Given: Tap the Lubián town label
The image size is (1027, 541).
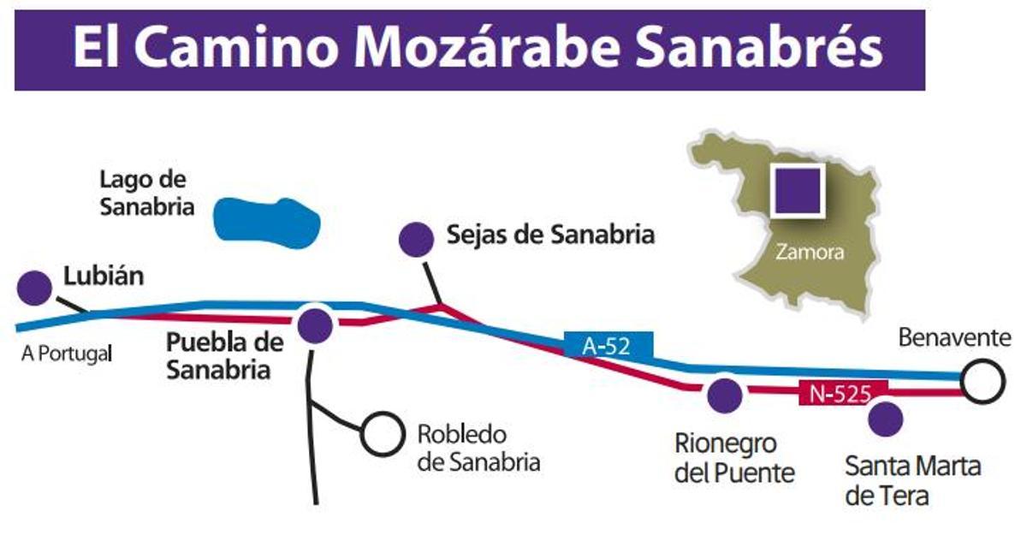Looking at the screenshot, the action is pos(104,277).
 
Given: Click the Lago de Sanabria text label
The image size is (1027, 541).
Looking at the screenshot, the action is pos(146,193).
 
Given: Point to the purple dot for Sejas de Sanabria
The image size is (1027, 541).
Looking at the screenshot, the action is pos(417,240).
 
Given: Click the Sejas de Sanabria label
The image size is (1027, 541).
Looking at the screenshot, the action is pos(550,235).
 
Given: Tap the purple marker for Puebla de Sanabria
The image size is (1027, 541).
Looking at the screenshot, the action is pos(315,325).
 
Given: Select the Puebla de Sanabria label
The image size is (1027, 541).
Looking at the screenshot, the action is pos(224,356).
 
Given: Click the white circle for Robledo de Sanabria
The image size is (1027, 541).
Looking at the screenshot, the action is pos(382,434).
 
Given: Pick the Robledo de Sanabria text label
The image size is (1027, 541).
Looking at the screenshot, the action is pos(478,448).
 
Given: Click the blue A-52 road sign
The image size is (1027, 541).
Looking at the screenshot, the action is pos(608,346).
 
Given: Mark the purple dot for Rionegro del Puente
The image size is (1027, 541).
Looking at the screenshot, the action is pos(726,395).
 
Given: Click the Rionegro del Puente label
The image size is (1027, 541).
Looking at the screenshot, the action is pos(734,458).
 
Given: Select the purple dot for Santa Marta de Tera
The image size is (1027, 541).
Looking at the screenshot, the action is pos(885,419).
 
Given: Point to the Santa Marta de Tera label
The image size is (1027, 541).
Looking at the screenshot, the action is pos(912,480).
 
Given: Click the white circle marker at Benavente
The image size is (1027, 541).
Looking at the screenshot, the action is pos(981,381).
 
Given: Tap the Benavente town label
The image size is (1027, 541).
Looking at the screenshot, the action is pos(954,338).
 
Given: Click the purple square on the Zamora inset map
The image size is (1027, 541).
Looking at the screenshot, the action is pos(798,190).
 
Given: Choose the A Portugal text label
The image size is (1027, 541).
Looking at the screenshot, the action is pos(67,354).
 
